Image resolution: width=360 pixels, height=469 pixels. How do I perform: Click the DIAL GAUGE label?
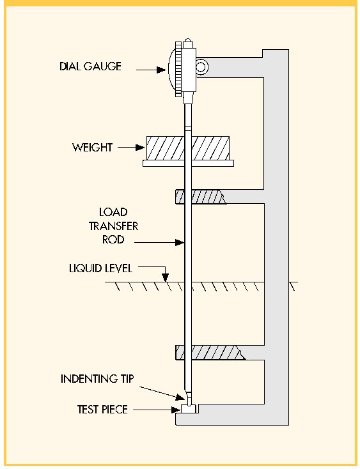[90, 66]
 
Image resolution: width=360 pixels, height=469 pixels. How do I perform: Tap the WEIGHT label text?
[92, 148]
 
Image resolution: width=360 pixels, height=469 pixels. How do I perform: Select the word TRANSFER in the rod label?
[113, 226]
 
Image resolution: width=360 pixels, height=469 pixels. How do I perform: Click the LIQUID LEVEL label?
[100, 268]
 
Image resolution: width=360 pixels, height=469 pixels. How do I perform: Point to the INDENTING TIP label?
[97, 379]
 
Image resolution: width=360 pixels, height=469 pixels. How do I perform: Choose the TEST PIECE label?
[103, 409]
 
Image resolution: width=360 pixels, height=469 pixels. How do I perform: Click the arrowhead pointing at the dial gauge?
[162, 70]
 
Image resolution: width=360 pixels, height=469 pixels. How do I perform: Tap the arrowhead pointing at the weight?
[140, 148]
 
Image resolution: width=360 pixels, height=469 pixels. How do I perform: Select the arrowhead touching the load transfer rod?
[179, 242]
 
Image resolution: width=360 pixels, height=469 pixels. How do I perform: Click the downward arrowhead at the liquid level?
[165, 277]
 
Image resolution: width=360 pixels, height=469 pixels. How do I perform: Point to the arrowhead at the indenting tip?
[180, 397]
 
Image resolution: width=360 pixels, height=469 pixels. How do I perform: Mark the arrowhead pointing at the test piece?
[176, 410]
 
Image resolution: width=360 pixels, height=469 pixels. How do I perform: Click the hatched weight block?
[187, 148]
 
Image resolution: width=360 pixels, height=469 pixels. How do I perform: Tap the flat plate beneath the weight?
[188, 164]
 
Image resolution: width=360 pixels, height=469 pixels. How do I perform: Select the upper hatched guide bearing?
[201, 197]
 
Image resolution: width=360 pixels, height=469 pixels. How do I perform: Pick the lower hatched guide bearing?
[210, 352]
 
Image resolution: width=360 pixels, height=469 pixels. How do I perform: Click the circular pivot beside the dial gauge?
[201, 66]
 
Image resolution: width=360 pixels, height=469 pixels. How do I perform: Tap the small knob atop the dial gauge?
[188, 40]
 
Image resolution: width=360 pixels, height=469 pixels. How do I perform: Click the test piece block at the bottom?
[189, 409]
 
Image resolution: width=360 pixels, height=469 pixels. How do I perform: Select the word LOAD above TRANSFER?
[113, 212]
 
